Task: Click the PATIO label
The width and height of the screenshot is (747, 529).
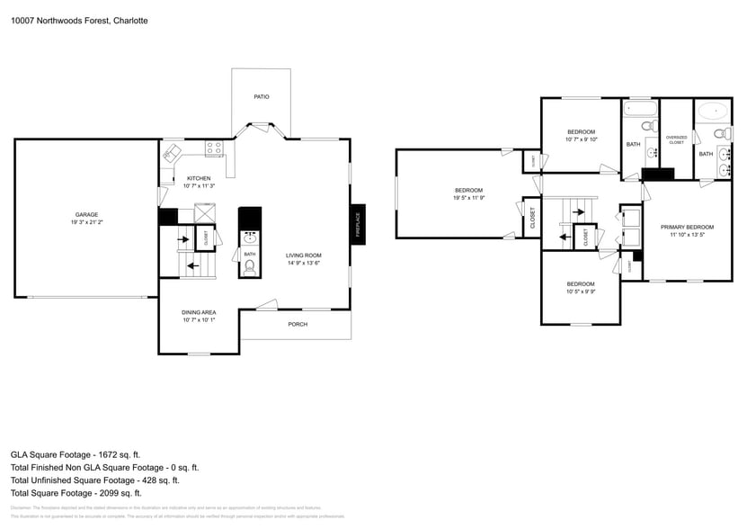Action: (261, 96)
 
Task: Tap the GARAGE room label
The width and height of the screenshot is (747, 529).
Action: (86, 214)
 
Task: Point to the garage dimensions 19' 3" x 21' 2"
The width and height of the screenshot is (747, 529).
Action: (86, 222)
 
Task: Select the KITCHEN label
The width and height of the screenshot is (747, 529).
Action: (199, 178)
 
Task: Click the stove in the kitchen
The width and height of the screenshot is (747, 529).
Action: (214, 148)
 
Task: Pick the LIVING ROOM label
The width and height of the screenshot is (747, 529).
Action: (304, 256)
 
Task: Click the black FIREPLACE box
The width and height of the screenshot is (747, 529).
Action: (359, 222)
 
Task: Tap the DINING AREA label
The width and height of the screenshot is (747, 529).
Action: (199, 312)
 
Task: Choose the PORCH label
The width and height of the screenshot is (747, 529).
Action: (297, 324)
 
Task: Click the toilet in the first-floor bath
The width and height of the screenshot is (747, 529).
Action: (250, 267)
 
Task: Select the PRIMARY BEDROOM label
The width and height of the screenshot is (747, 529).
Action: (687, 227)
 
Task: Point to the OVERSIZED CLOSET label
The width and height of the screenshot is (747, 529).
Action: (676, 139)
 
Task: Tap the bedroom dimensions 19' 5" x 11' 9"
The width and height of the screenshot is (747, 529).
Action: (468, 198)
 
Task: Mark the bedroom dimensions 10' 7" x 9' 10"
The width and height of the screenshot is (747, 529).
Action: (581, 139)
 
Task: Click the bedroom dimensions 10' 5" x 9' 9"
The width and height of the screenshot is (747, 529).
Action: (581, 291)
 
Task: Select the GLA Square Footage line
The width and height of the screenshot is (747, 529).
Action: (76, 455)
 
